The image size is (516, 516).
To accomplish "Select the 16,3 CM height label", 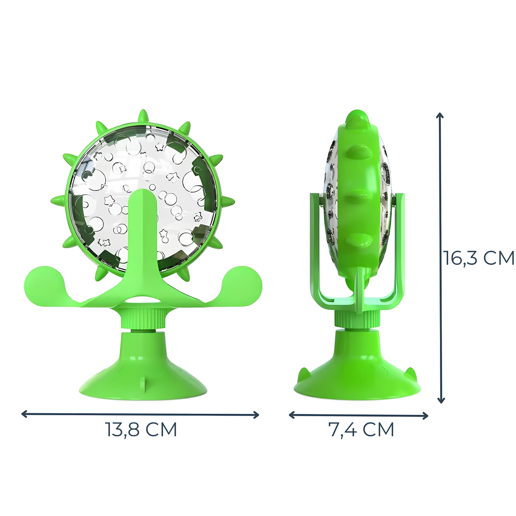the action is tap(479, 258).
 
